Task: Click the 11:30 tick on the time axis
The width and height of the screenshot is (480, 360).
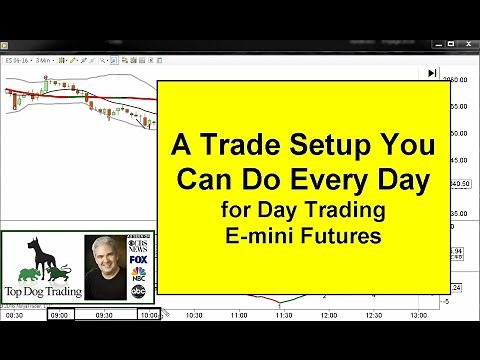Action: pyautogui.click(x=285, y=316)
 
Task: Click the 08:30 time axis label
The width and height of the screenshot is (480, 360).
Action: pyautogui.click(x=14, y=316)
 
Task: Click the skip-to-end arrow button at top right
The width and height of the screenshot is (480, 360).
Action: pyautogui.click(x=431, y=72)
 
